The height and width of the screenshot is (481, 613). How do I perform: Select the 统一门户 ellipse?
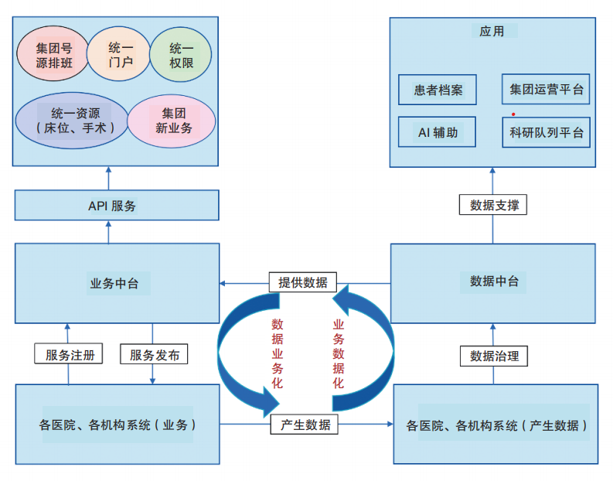[x=120, y=55]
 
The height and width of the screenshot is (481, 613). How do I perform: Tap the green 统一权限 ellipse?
[x=181, y=55]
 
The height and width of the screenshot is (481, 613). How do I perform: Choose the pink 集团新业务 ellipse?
[x=171, y=121]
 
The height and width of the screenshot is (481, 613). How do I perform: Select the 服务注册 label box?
[x=70, y=355]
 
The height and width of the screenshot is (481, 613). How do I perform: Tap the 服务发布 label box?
[x=155, y=355]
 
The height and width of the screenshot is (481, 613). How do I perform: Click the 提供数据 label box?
[x=303, y=282]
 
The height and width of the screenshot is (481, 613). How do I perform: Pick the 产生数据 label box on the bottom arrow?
[x=304, y=424]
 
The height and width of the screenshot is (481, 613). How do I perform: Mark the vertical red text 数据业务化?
[x=277, y=352]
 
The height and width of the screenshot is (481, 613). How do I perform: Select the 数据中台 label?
[x=493, y=281]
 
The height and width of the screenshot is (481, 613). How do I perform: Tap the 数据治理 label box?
[x=494, y=356]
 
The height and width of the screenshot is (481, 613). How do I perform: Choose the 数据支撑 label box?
[x=494, y=206]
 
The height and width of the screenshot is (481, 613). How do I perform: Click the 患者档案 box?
[x=438, y=90]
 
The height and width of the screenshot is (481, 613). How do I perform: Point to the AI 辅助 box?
[x=438, y=132]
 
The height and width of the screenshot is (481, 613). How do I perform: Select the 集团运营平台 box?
[x=546, y=89]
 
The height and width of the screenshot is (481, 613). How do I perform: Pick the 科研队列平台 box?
[x=546, y=132]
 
